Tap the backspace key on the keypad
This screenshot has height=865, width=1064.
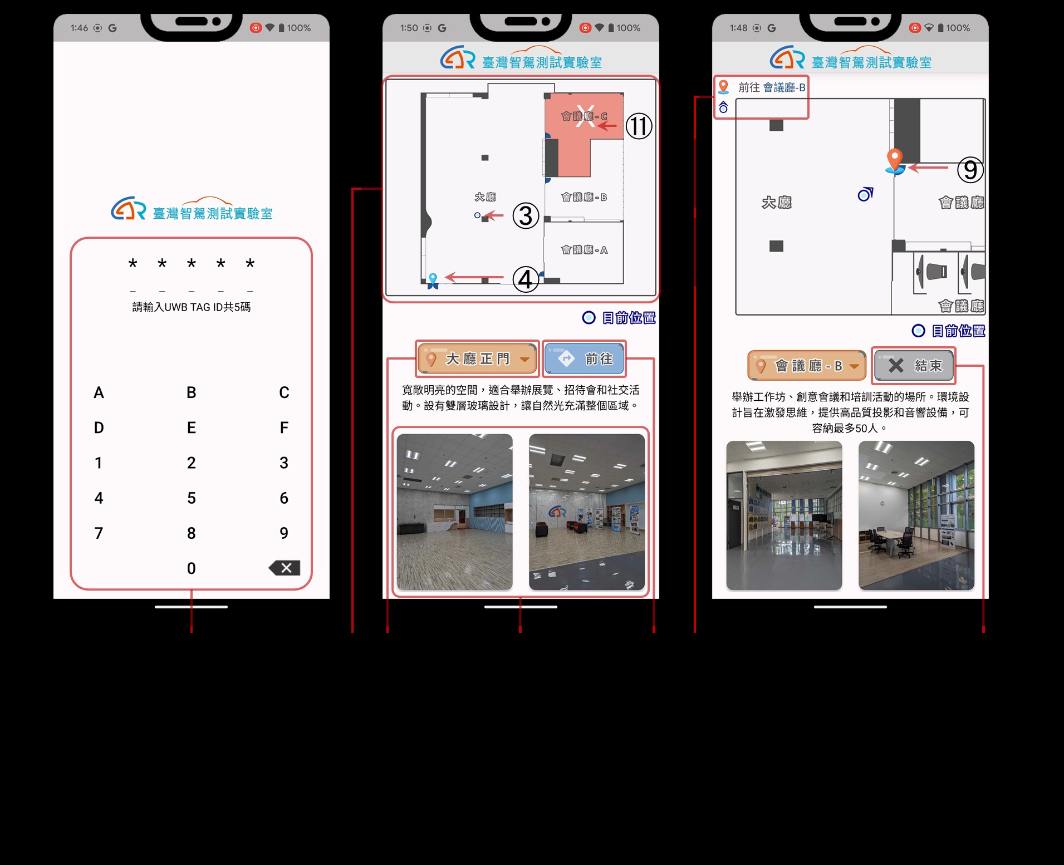tap(285, 568)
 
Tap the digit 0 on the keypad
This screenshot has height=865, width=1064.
tap(191, 568)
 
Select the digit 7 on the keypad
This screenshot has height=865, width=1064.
tap(99, 533)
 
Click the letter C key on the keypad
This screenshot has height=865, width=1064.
tap(284, 392)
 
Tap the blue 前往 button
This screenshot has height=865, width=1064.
tap(584, 358)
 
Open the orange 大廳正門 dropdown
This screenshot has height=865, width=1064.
tap(478, 358)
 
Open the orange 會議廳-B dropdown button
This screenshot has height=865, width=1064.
tap(807, 366)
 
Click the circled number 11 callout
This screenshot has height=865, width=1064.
tap(639, 126)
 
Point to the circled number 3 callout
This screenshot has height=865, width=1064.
tap(526, 216)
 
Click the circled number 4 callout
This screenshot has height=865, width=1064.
tap(526, 279)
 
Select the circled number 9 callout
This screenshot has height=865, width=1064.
tap(970, 170)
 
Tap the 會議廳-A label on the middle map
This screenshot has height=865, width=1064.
tap(584, 250)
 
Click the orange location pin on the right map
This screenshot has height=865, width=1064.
tap(895, 160)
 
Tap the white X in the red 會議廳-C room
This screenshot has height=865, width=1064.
tap(585, 116)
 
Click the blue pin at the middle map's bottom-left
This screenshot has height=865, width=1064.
tap(433, 281)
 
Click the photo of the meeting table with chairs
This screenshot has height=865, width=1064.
tap(916, 515)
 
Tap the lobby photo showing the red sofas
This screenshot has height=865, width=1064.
tap(587, 512)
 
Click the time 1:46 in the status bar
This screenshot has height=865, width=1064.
tap(79, 28)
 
